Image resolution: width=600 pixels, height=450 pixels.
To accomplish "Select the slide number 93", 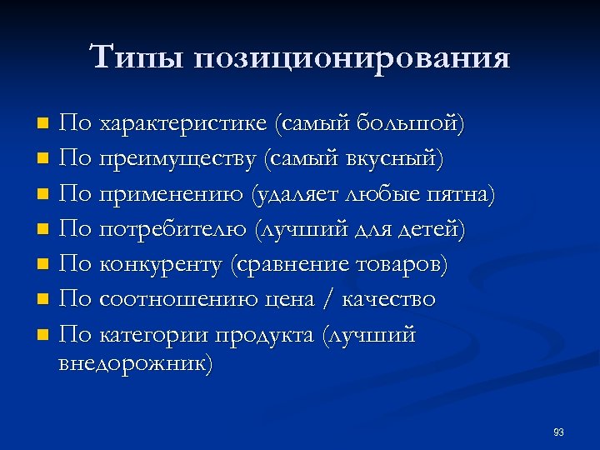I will point(558,432).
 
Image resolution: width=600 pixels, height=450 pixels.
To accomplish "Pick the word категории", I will point(153,335).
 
